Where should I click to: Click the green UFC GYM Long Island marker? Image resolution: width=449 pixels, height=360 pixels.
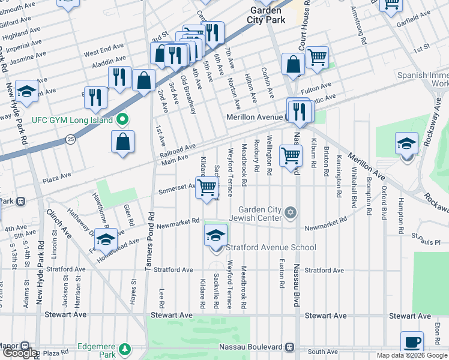[123, 120]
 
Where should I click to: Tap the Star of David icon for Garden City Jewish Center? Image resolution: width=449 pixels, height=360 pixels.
[291, 212]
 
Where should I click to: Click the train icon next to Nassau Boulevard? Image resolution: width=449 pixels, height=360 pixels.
[290, 347]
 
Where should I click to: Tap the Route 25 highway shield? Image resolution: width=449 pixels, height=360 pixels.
[70, 139]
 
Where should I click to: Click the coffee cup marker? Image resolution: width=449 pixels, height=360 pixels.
[412, 342]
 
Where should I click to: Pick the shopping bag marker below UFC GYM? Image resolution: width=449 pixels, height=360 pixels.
[122, 142]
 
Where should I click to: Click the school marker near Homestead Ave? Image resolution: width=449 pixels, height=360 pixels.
[106, 239]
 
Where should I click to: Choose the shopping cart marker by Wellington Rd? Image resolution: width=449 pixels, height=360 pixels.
[291, 155]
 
